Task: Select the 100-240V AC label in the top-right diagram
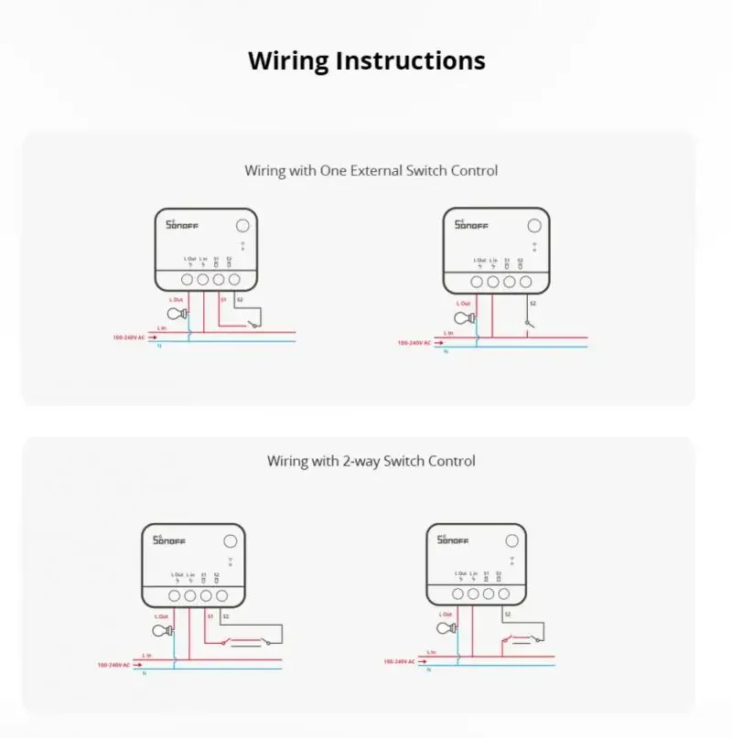414,343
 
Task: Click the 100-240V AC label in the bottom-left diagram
114,665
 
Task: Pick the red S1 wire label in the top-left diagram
223,299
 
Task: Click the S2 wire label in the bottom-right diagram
508,615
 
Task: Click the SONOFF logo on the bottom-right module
451,540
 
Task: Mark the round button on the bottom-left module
231,541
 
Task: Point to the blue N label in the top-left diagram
159,346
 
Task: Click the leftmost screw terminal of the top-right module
477,283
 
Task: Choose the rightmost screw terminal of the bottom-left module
222,595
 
